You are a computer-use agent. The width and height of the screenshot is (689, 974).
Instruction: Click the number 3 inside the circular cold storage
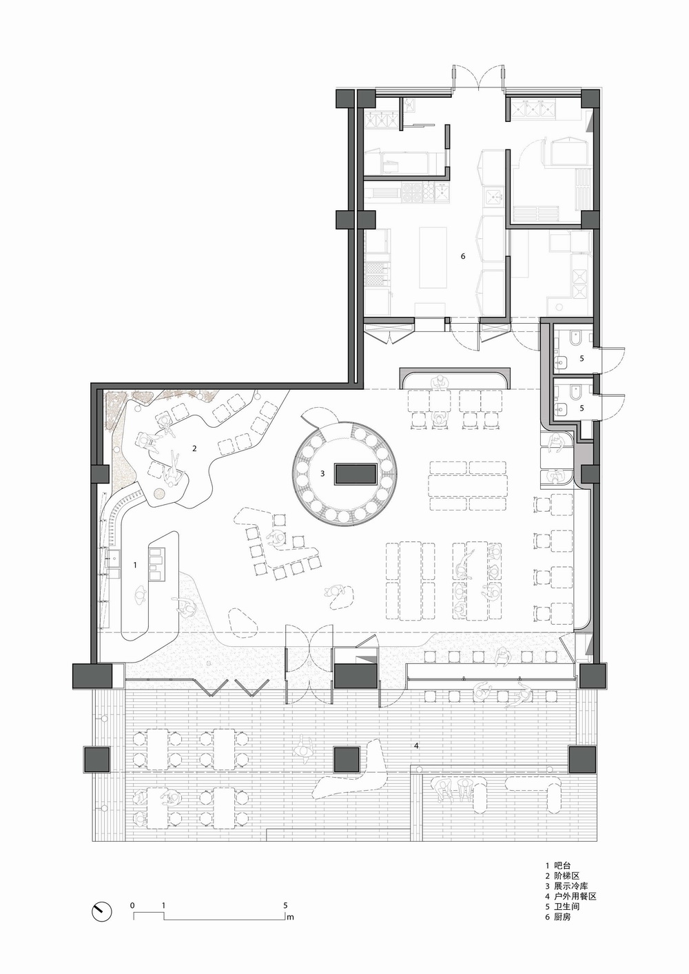[x=322, y=473]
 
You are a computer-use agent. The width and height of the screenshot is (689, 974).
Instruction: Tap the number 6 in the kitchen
[x=463, y=256]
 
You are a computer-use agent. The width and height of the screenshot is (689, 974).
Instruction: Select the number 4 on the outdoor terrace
[x=415, y=746]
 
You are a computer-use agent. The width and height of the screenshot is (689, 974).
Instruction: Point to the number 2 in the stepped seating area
[x=194, y=448]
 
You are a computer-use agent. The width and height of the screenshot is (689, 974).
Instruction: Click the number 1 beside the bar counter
[x=135, y=565]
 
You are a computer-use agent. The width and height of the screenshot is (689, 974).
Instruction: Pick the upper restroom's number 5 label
[x=581, y=358]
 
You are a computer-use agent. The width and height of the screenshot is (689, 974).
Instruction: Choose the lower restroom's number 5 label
[x=581, y=408]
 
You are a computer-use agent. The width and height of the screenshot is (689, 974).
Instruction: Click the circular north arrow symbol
[x=102, y=910]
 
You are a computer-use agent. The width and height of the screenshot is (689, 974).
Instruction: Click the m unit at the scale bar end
[x=291, y=917]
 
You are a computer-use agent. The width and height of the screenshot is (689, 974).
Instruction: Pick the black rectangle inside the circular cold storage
[x=356, y=474]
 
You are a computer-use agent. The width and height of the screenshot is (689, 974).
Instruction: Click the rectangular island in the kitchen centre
[x=430, y=258]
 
